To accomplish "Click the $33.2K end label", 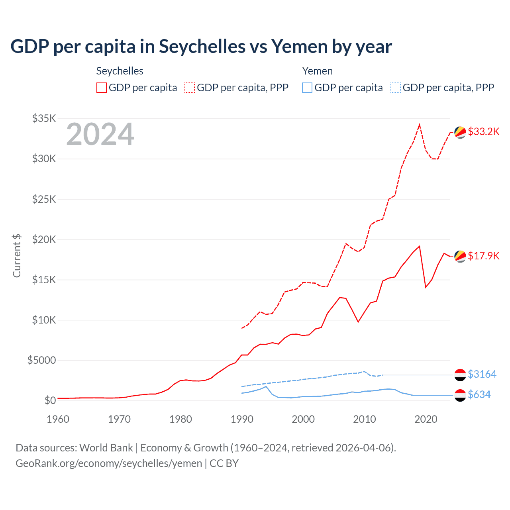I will click(x=483, y=131).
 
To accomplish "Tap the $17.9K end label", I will click(x=483, y=256).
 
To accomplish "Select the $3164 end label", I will click(x=482, y=374).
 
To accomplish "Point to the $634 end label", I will click(x=479, y=394).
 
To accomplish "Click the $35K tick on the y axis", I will click(x=44, y=118).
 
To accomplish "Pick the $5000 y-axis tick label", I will click(x=41, y=361).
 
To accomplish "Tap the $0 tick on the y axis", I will click(x=50, y=400).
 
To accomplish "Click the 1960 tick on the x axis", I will click(x=58, y=419).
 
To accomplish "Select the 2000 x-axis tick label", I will click(x=303, y=419).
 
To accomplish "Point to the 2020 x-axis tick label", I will click(x=426, y=419).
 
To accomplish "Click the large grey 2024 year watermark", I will click(x=100, y=134).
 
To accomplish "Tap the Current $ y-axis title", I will click(x=17, y=256).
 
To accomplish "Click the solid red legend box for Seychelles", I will click(x=102, y=88).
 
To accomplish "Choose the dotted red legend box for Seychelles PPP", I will click(x=190, y=88).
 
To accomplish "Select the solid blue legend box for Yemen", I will click(x=307, y=88).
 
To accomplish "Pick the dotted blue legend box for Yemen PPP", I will click(x=396, y=88).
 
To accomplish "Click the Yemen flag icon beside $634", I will click(x=460, y=395).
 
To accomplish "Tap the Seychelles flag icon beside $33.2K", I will click(x=460, y=132).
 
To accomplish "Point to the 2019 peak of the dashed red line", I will click(x=420, y=124).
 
